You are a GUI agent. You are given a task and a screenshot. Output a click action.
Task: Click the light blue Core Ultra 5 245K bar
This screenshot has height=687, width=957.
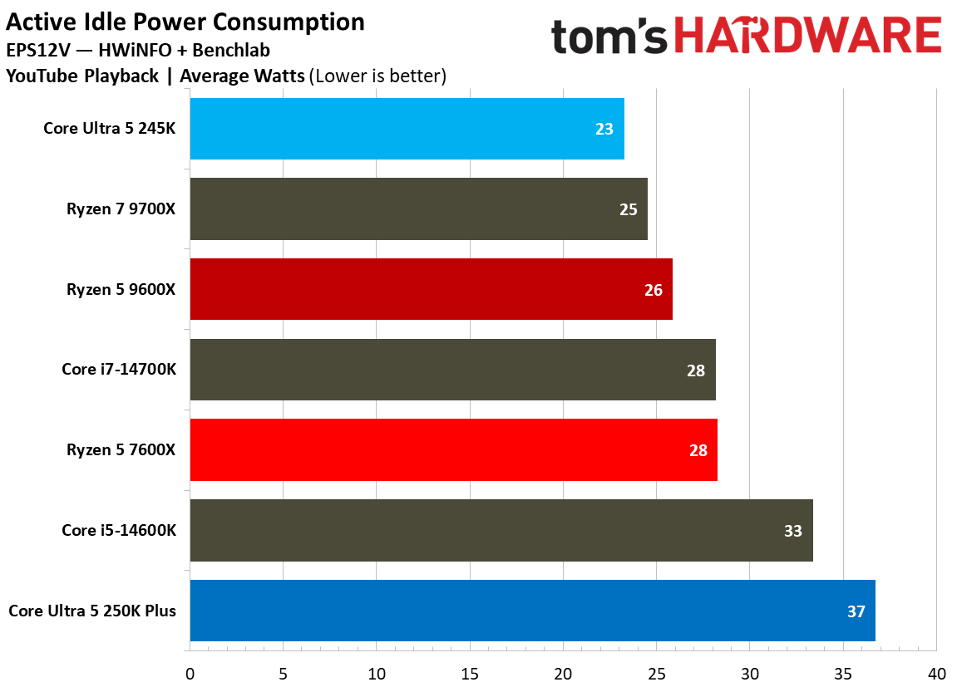coord(407,129)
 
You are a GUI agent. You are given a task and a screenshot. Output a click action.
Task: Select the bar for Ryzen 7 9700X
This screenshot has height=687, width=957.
coord(418,209)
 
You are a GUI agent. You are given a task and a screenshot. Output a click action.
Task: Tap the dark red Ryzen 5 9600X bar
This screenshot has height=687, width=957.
coord(431,289)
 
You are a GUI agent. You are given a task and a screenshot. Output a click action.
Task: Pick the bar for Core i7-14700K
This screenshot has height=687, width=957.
coord(452,370)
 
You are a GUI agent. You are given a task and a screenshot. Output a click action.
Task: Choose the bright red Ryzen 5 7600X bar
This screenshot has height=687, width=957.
coord(453,450)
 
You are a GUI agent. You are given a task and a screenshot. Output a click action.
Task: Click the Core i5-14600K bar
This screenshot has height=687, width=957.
coord(501,531)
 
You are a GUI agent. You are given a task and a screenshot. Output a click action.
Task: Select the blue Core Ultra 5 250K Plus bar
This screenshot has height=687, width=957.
coord(532,611)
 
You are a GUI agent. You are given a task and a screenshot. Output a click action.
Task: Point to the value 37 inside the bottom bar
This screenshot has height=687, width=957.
coord(856,611)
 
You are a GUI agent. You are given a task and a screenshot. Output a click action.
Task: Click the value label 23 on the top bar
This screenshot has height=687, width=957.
coord(604,129)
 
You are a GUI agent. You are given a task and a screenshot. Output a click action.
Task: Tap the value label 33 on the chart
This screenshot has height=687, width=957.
coord(793,531)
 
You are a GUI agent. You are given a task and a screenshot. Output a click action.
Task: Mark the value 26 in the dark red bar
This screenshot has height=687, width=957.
coord(654,290)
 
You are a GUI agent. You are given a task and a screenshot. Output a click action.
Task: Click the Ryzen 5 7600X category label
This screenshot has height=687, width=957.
coord(121,450)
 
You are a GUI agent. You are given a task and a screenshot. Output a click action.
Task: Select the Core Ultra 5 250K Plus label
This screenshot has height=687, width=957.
coord(92,611)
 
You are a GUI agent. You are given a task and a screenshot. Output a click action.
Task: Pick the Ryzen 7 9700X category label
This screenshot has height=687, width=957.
coord(121,209)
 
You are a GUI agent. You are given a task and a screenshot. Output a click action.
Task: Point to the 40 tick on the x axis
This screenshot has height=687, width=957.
coord(936,673)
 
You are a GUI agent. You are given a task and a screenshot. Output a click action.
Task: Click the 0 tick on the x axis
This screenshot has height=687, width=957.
coord(190,673)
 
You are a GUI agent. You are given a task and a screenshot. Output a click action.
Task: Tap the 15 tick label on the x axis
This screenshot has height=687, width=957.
coord(470,673)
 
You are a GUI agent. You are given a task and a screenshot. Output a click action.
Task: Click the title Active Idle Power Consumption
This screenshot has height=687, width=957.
coord(185,22)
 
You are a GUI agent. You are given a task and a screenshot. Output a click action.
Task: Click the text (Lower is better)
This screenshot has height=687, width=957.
coord(377,76)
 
